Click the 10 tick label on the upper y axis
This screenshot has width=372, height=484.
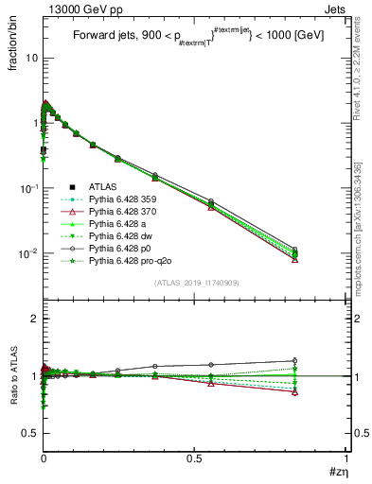pyautogui.click(x=29, y=58)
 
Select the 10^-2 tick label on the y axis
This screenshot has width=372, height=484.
pyautogui.click(x=27, y=253)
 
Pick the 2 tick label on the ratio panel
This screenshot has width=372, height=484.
pyautogui.click(x=33, y=320)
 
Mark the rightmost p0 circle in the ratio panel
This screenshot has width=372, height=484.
pyautogui.click(x=295, y=360)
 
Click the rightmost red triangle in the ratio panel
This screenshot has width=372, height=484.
pyautogui.click(x=295, y=391)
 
